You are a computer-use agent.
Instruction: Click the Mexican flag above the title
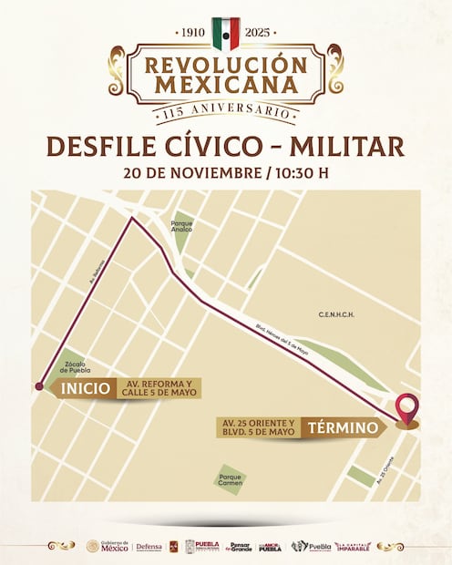click(225, 33)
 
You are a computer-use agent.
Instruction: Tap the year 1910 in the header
click(193, 33)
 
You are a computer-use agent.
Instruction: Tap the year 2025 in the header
click(260, 33)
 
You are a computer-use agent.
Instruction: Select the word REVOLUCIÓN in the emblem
click(226, 66)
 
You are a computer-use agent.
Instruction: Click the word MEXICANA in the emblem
click(226, 85)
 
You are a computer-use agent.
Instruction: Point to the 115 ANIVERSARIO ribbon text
click(226, 111)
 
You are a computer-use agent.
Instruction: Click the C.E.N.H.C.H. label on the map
click(335, 314)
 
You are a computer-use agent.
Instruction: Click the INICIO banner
click(85, 388)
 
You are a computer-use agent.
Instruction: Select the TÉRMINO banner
click(342, 427)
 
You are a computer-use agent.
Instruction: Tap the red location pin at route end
click(407, 408)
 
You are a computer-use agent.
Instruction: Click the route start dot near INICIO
click(39, 387)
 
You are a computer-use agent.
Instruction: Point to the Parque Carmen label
click(230, 478)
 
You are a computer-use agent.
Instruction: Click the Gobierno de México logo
click(108, 546)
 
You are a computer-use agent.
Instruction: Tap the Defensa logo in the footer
click(149, 547)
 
